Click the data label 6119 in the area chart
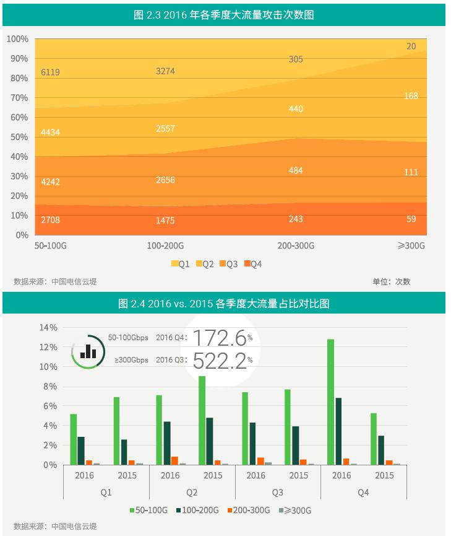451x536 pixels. pyautogui.click(x=51, y=72)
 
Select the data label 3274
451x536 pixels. pyautogui.click(x=165, y=71)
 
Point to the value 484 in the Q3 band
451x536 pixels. pyautogui.click(x=296, y=170)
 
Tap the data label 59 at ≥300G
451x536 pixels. pyautogui.click(x=411, y=219)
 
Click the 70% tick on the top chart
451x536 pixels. pyautogui.click(x=18, y=98)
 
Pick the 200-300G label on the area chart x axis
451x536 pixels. pyautogui.click(x=296, y=246)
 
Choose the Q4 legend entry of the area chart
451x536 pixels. pyautogui.click(x=252, y=265)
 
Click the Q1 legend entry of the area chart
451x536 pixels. pyautogui.click(x=180, y=265)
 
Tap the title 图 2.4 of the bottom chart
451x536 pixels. pyautogui.click(x=223, y=304)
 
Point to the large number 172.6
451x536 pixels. pyautogui.click(x=219, y=338)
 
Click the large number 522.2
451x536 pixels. pyautogui.click(x=219, y=360)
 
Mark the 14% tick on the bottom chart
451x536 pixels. pyautogui.click(x=49, y=327)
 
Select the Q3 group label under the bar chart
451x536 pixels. pyautogui.click(x=277, y=493)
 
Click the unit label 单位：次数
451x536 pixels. pyautogui.click(x=391, y=282)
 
